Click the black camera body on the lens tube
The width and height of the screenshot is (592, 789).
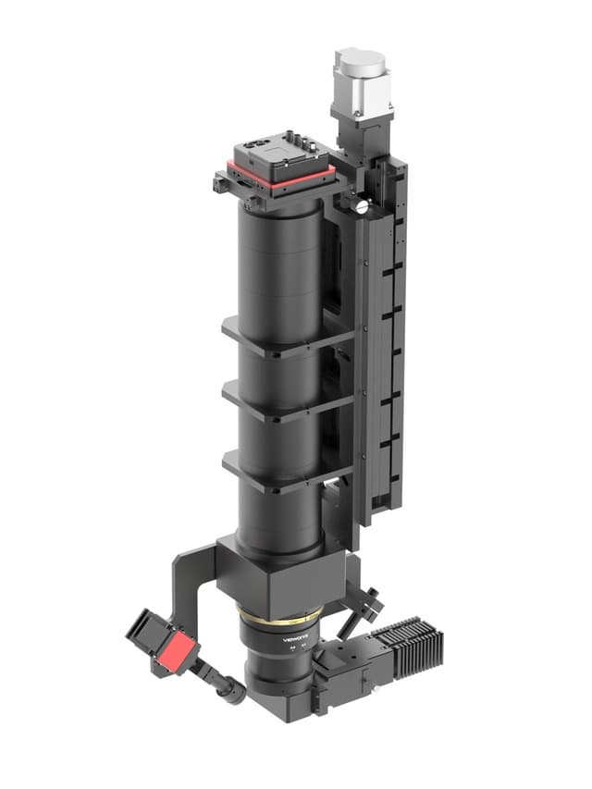coord(277,159)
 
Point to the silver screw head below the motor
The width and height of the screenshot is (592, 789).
coord(360,207)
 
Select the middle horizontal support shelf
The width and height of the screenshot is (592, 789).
coord(287,403)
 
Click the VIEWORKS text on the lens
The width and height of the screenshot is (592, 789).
coord(294,638)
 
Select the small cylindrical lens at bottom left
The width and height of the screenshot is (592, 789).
coord(228,688)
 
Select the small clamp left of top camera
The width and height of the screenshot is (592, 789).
coord(222,183)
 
